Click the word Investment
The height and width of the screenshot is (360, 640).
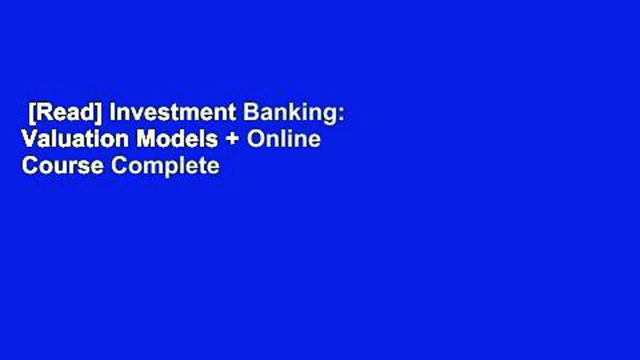tap(173, 113)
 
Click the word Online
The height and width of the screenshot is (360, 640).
tap(283, 139)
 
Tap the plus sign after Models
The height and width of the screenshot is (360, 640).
tap(232, 140)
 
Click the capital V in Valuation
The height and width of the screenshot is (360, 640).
tap(28, 139)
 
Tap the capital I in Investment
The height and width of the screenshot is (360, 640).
tap(112, 113)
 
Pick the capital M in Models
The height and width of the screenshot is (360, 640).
tap(145, 139)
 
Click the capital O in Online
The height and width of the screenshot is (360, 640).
tap(255, 139)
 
